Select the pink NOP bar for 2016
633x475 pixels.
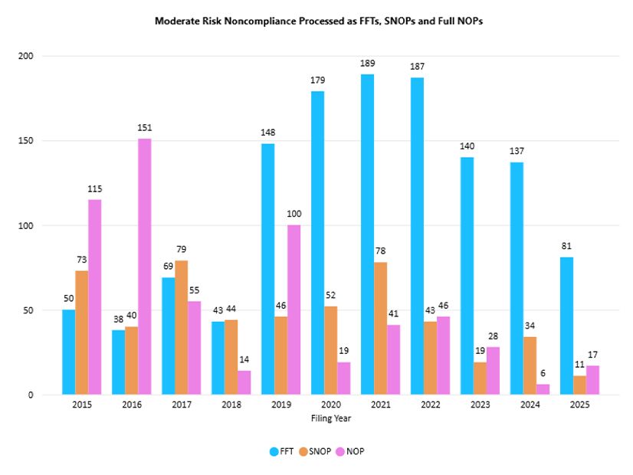(x=144, y=267)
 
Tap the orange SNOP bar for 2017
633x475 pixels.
(x=181, y=327)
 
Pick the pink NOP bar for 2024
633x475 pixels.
(x=543, y=389)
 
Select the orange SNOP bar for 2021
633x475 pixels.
(x=380, y=328)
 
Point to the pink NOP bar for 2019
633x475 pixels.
(x=294, y=310)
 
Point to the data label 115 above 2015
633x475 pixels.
(x=94, y=190)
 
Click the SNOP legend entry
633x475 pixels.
(x=314, y=451)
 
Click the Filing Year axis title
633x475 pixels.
(x=330, y=419)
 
